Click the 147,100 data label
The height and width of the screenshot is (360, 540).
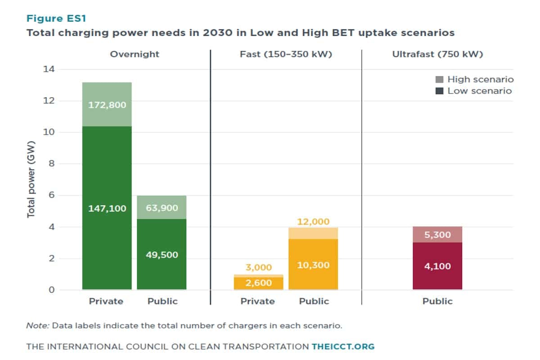coord(107,208)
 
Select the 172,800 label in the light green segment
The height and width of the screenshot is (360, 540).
coord(107,105)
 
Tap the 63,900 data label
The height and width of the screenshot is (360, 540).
coord(162,208)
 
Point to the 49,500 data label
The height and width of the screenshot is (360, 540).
coord(162,255)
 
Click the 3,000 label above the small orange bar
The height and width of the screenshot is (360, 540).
coord(258,268)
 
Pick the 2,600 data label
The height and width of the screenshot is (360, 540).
coord(258,283)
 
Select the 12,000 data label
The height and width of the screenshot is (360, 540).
coord(313,221)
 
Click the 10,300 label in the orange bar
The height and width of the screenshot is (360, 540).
coord(313,265)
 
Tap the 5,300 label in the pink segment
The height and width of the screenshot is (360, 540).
coord(437,234)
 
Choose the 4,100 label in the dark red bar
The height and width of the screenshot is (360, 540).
coord(437,266)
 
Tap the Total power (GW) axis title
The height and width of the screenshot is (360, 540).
coord(31,180)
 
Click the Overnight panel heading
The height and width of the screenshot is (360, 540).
coord(135,54)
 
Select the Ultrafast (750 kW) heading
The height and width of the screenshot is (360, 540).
coord(437,54)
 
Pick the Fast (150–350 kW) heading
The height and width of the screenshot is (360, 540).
coord(286,54)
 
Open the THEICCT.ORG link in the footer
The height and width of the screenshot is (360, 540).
coord(343,346)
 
